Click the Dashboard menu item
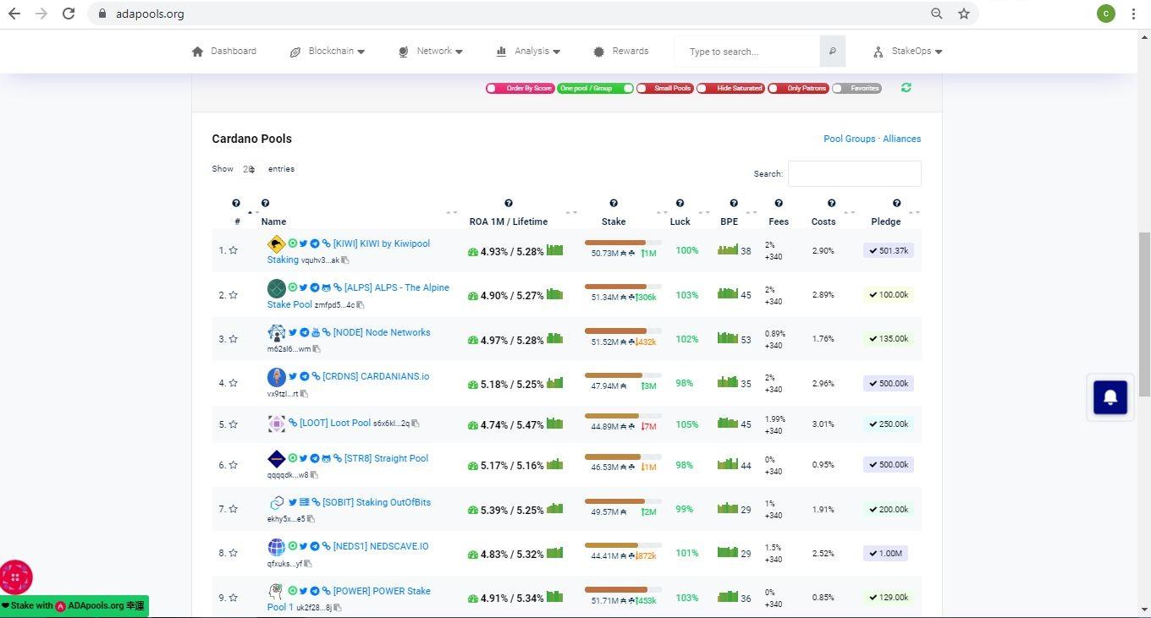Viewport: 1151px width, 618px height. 224,51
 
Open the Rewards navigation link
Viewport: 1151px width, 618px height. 621,51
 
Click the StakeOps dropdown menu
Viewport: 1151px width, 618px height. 908,51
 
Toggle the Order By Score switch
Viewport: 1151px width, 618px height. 520,88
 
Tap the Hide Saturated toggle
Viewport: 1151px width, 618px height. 730,88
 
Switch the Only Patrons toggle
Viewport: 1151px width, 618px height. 798,88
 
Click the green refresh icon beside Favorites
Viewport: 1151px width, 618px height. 906,88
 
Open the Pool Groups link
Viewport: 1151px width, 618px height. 849,139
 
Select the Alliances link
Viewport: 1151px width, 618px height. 901,139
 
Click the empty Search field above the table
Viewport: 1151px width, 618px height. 854,173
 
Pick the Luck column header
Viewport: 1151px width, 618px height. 680,221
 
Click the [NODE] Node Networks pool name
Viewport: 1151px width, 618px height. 381,332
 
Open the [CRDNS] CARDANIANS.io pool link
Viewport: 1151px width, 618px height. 375,376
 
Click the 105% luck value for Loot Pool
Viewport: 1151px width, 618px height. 686,424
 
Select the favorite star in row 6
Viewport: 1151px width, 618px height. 233,465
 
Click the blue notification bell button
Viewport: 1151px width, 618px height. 1110,397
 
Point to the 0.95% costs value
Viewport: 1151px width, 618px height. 823,465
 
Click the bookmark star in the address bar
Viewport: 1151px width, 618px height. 964,14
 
